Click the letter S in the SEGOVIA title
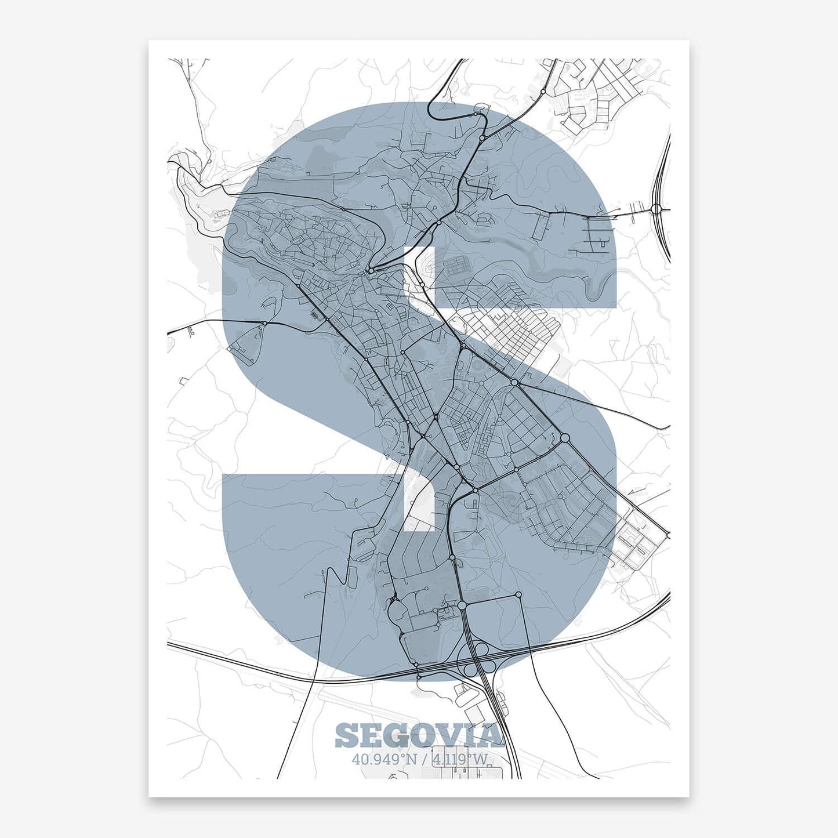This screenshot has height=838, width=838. click(x=347, y=735)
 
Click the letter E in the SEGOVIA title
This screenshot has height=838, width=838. click(x=372, y=735)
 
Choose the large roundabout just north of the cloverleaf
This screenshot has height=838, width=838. click(x=462, y=605)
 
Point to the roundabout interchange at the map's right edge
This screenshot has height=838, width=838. click(x=657, y=209)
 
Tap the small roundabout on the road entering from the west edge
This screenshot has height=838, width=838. click(x=264, y=323)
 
